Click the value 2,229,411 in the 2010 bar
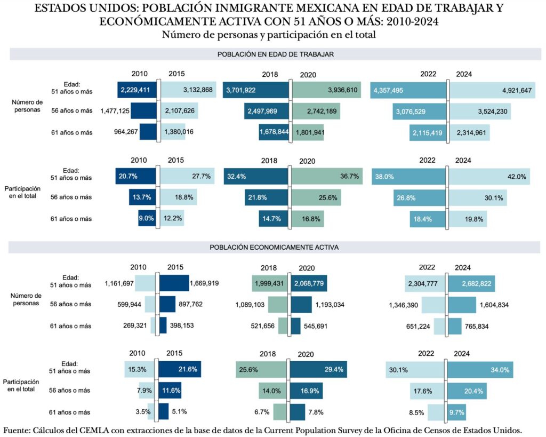click(x=137, y=90)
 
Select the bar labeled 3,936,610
click(x=326, y=90)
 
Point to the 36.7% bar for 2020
click(x=326, y=177)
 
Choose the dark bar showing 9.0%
click(x=146, y=218)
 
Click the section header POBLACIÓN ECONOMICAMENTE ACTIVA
click(x=274, y=248)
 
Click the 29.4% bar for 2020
click(x=318, y=369)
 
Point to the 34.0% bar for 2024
click(x=480, y=369)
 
